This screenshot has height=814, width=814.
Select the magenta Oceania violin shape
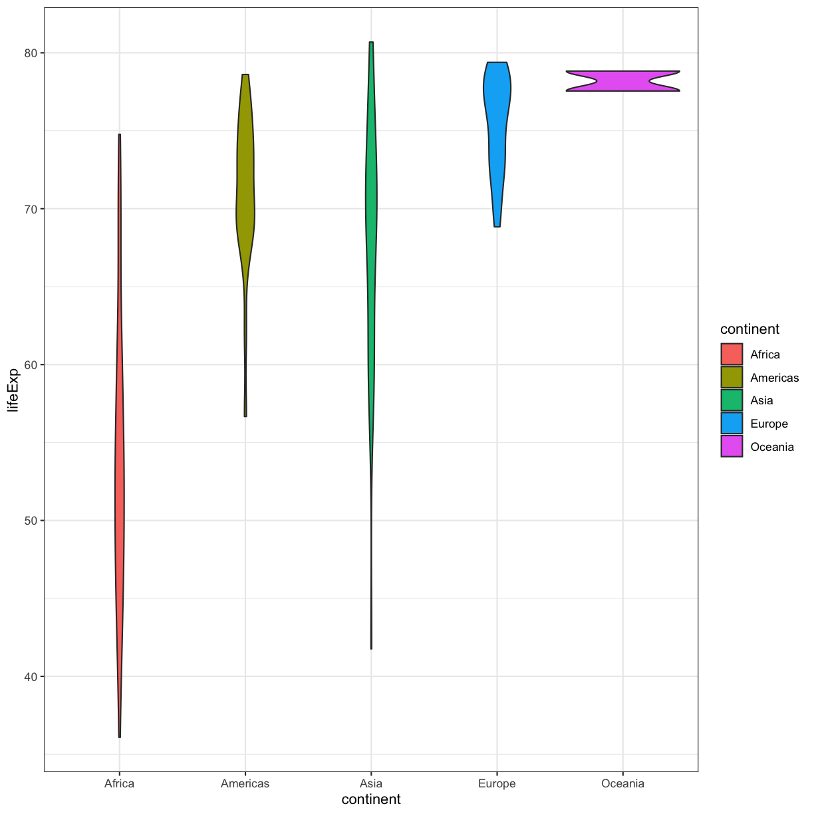click(622, 81)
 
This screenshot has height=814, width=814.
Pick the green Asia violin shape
click(371, 200)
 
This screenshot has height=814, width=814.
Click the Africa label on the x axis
click(120, 783)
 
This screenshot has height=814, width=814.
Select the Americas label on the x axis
click(245, 783)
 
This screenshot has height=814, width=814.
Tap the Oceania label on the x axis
click(622, 783)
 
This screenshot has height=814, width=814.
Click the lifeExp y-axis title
click(13, 389)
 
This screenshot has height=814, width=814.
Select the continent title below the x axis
click(371, 799)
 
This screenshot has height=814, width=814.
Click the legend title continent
click(750, 329)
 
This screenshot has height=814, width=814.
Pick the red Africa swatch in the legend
click(732, 354)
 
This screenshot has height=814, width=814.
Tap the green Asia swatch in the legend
click(732, 400)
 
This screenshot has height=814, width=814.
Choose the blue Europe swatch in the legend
click(732, 424)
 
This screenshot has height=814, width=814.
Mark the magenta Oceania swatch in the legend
click(732, 447)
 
